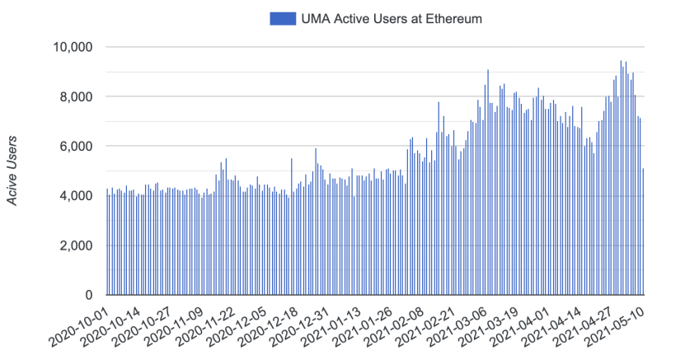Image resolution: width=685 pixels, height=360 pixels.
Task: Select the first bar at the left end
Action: click(107, 242)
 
